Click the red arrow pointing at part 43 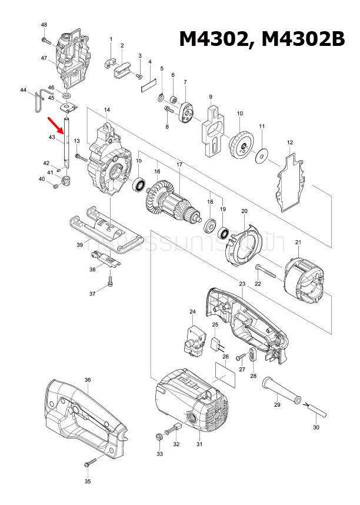click(56, 125)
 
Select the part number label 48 click(44, 24)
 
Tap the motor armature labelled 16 click(170, 201)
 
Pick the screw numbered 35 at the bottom click(89, 463)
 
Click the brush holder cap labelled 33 click(159, 436)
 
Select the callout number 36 click(87, 380)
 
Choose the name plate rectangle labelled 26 click(225, 374)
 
